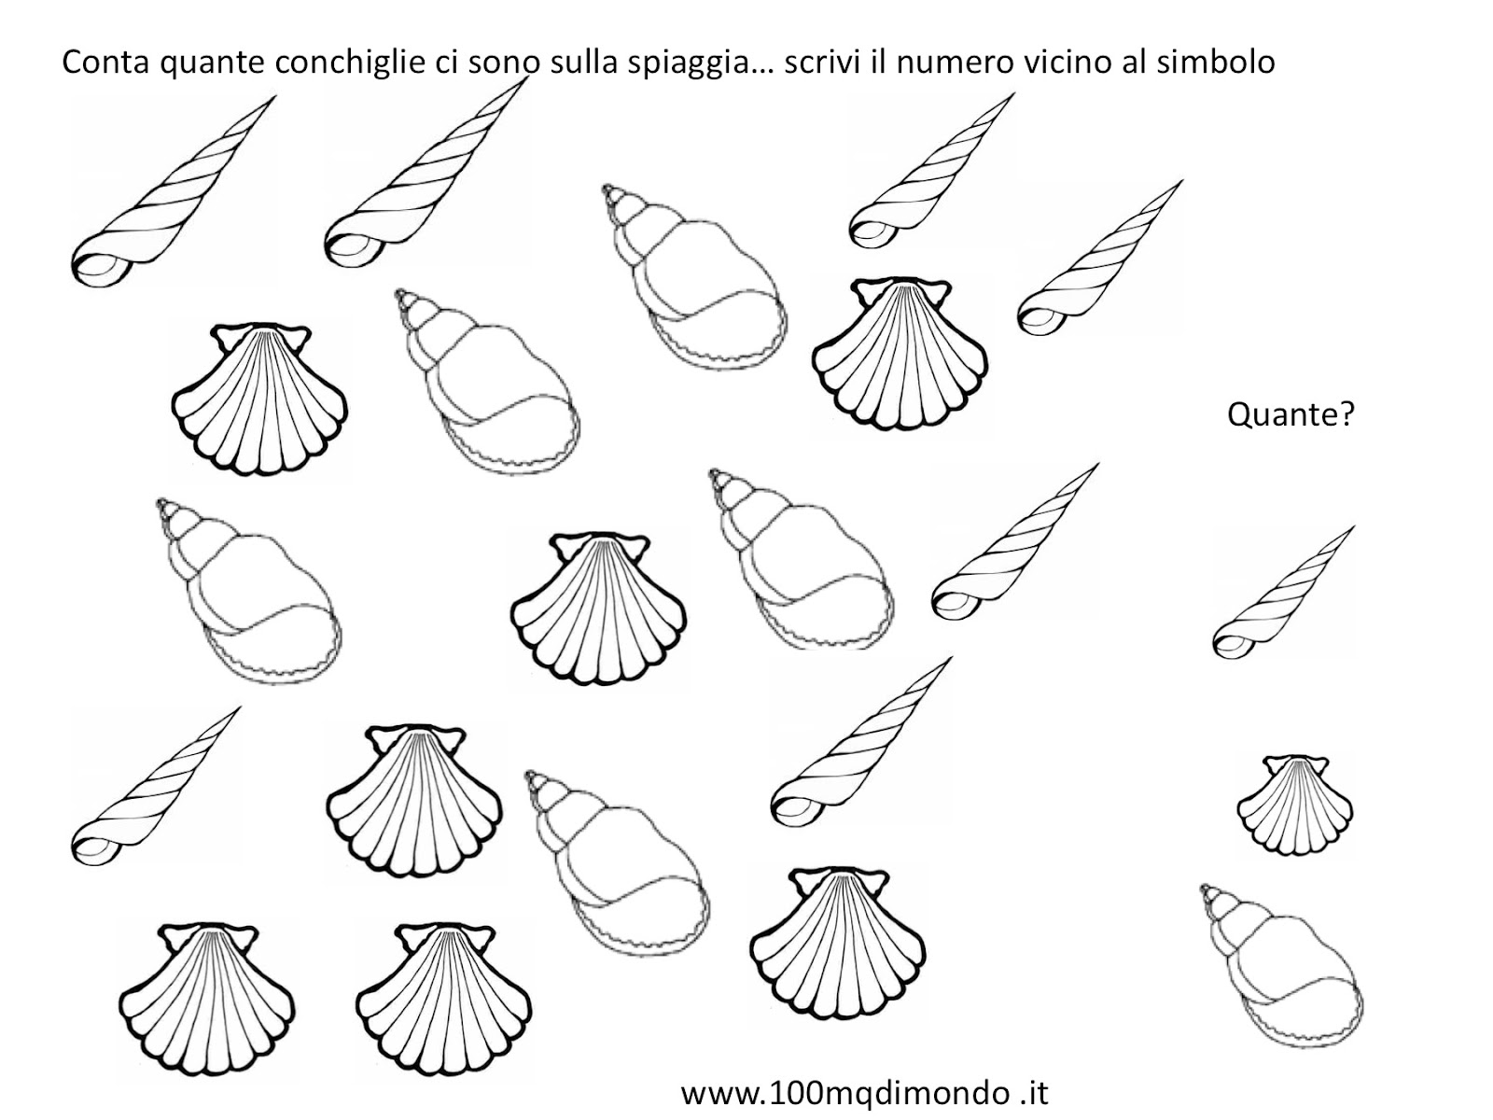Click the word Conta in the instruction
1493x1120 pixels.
click(105, 63)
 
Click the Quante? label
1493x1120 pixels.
click(1291, 413)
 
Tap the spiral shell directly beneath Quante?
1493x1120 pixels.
click(1283, 593)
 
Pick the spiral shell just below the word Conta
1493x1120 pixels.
click(174, 191)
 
